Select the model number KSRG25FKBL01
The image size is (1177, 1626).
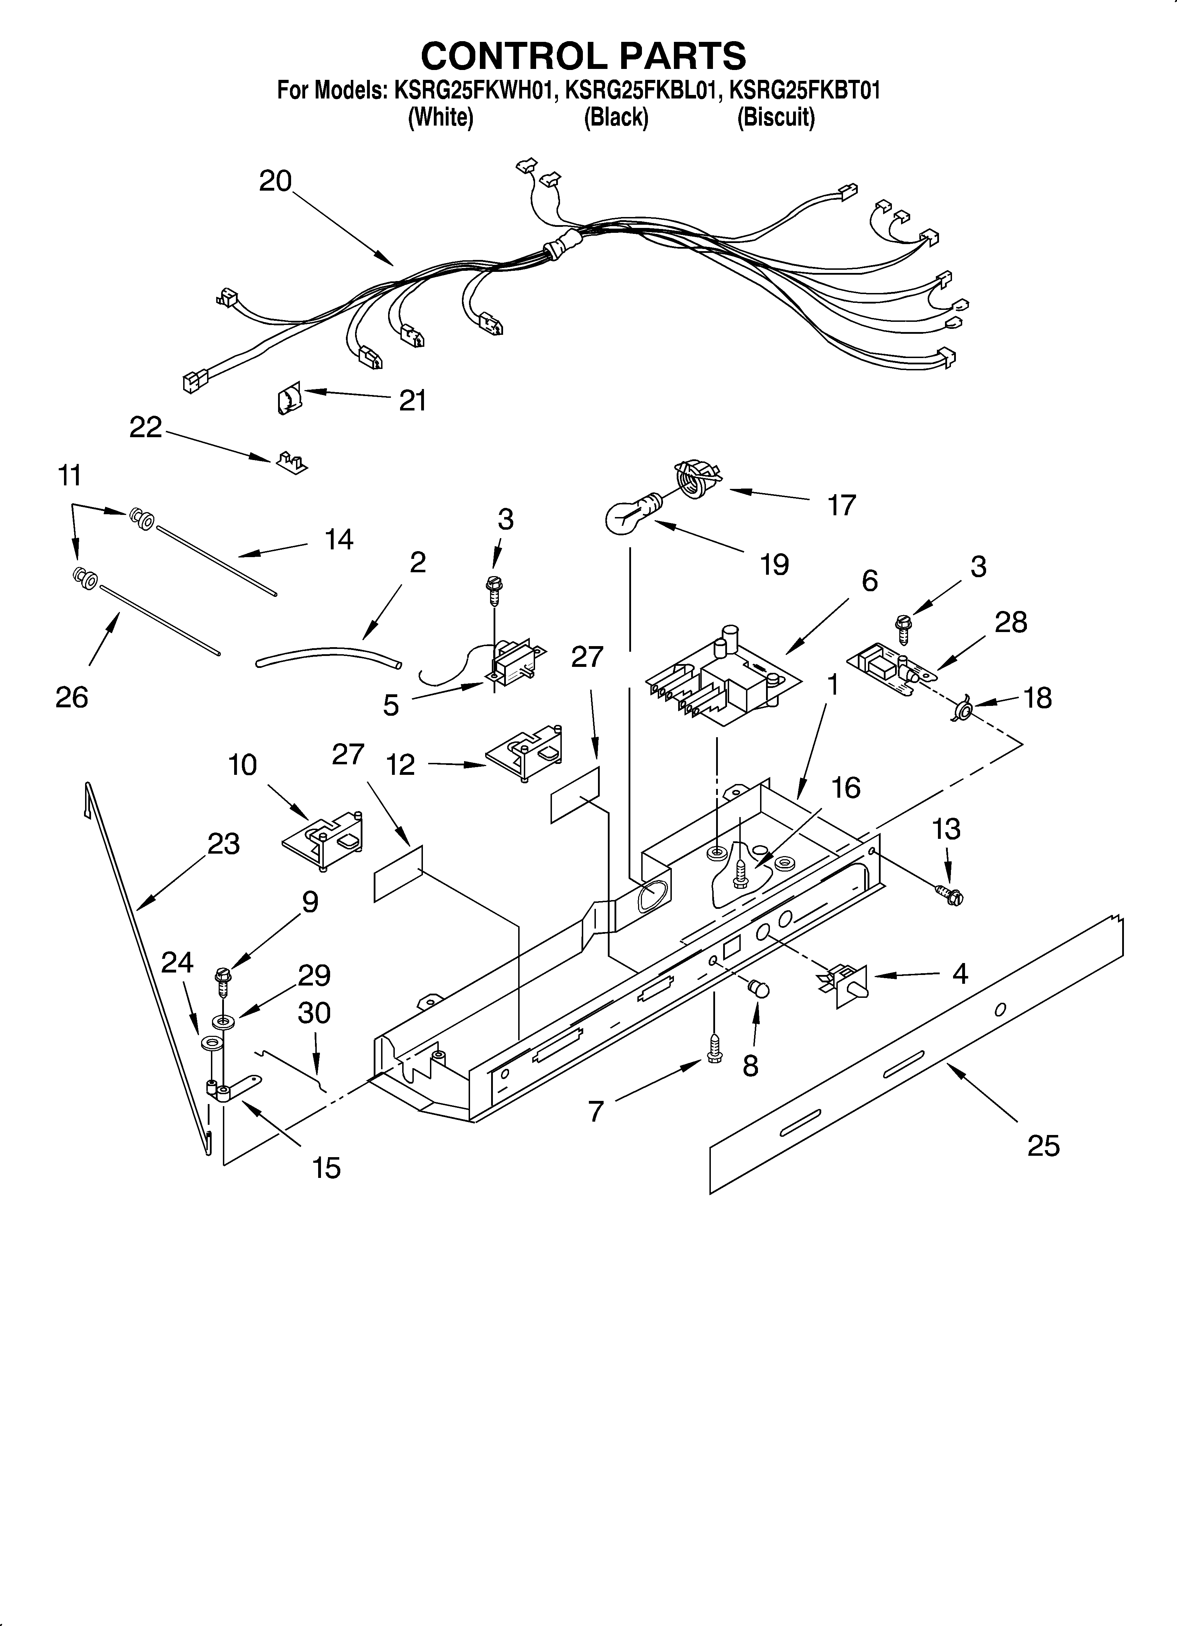(642, 91)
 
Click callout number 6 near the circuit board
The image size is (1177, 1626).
(869, 581)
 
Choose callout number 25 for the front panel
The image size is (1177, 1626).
(1043, 1146)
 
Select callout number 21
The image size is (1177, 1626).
(413, 400)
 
